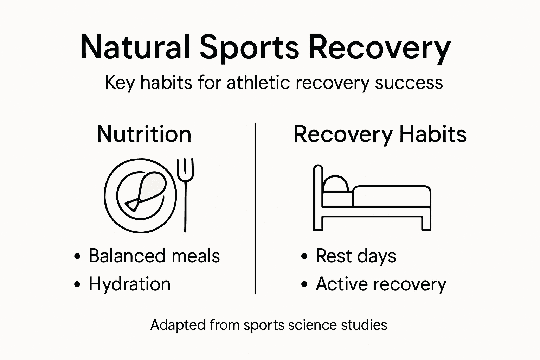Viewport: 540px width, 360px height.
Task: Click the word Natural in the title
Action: point(135,47)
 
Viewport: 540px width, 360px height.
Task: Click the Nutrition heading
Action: point(144,134)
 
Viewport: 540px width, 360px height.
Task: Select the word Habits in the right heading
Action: point(433,134)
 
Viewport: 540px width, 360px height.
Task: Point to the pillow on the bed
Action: point(335,185)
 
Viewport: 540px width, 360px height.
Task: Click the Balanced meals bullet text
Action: point(154,256)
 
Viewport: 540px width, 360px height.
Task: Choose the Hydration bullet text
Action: point(129,284)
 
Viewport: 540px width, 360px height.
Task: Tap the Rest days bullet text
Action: point(355,256)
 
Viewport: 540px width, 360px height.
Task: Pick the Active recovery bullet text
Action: point(381,284)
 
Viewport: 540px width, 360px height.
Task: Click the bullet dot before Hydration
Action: point(77,284)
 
